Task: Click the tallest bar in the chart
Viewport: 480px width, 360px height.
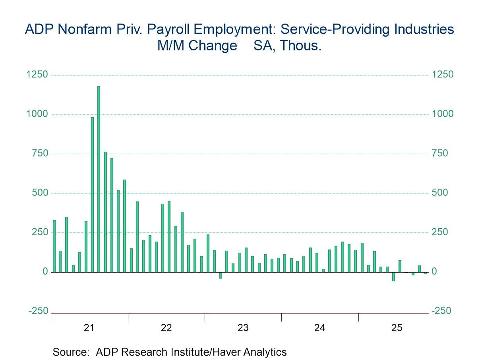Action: point(99,179)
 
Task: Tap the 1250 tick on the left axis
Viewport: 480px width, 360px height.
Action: point(37,75)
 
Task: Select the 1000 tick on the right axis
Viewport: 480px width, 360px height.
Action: point(442,114)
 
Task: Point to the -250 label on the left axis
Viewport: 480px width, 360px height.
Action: point(38,311)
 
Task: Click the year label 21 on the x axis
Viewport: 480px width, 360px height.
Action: point(89,328)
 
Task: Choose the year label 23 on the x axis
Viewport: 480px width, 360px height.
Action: point(243,328)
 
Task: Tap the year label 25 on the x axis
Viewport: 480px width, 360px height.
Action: point(397,328)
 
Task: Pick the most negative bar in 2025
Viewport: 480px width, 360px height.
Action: point(393,277)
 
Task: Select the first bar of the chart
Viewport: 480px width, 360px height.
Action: point(54,246)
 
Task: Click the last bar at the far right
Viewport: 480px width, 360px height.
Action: point(425,273)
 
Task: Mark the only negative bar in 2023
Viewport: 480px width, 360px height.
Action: point(221,275)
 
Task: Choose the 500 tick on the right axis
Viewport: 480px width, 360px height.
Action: point(440,193)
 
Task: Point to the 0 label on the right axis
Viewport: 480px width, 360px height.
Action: point(435,272)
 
